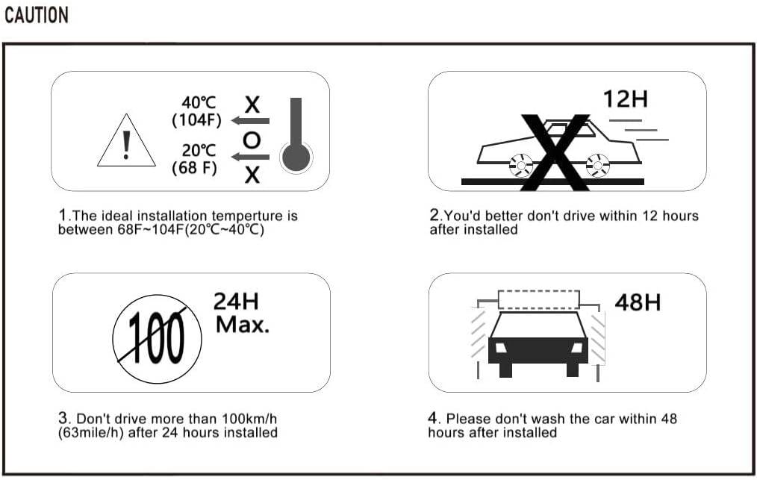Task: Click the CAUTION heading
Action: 37,16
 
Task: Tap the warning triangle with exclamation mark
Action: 126,142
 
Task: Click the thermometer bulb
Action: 296,158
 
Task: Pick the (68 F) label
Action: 195,167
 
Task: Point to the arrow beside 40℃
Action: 250,119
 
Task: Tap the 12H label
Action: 626,99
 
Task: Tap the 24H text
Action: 236,302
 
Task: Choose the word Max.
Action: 243,325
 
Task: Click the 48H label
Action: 638,302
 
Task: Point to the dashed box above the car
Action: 538,300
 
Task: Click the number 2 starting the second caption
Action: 434,215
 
